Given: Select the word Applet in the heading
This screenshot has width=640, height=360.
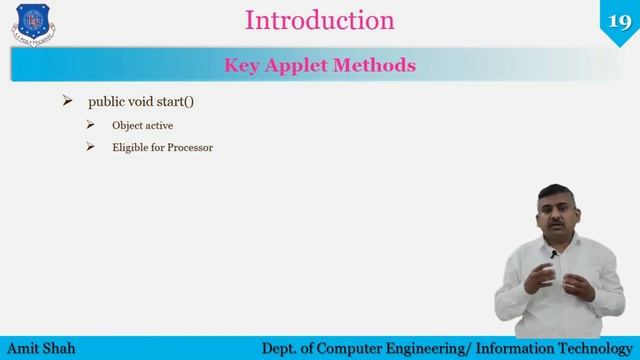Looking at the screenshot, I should (295, 66).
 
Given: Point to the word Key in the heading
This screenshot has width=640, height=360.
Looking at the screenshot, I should (242, 66).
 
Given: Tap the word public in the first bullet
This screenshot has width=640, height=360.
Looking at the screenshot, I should (107, 102).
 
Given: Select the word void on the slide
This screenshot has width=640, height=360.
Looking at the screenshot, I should (147, 102).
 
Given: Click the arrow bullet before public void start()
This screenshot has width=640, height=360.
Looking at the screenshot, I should (68, 101).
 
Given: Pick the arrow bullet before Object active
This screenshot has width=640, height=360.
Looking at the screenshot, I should (90, 125).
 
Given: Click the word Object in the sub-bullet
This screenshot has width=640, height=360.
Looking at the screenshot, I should (128, 125).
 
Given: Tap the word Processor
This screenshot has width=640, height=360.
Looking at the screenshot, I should (190, 148).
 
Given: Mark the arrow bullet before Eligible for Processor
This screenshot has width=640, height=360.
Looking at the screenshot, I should (90, 147).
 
